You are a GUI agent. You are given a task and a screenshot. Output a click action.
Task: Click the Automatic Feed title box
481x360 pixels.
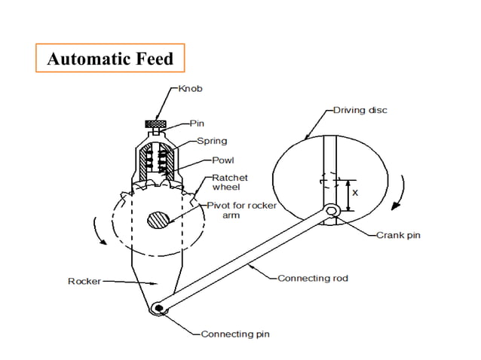[109, 59]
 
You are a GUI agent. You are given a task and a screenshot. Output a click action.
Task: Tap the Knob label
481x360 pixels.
[190, 88]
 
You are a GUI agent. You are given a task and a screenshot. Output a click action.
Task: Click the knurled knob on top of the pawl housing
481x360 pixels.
[157, 124]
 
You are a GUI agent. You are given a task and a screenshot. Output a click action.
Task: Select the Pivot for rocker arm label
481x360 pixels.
[242, 209]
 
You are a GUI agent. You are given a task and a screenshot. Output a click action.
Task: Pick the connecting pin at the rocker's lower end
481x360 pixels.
[158, 308]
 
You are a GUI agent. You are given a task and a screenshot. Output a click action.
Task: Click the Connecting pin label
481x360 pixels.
[235, 334]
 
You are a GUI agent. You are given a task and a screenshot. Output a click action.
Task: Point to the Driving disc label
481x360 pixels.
[360, 110]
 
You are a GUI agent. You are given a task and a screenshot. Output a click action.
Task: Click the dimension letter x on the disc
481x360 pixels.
[356, 193]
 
